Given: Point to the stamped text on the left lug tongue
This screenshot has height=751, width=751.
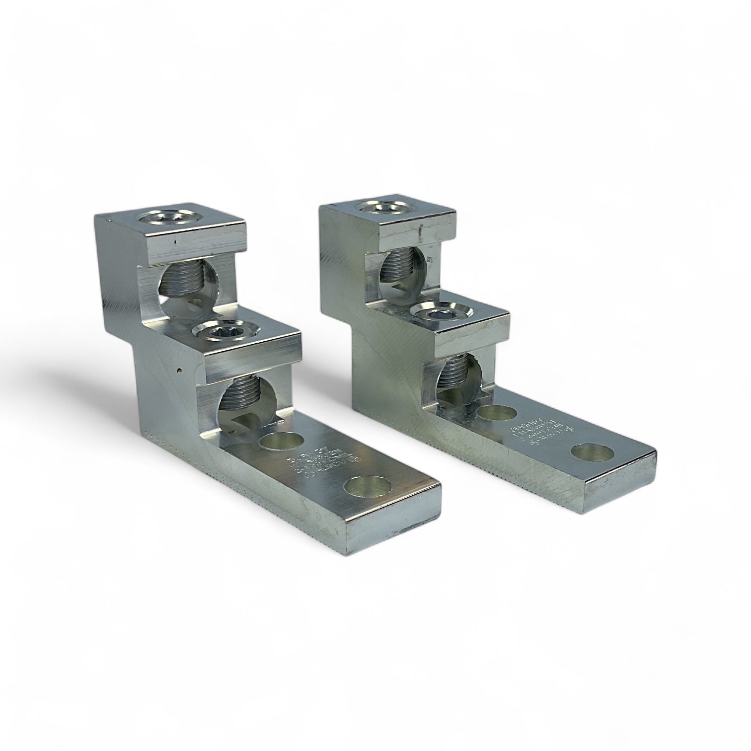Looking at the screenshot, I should [x=308, y=466].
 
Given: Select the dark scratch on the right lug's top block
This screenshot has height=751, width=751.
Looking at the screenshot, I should [x=421, y=230].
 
